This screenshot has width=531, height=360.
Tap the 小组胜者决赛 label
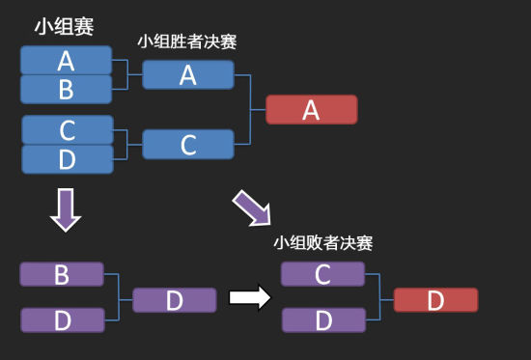[187, 42]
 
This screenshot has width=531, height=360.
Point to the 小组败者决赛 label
[323, 242]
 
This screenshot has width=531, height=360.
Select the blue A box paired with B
[66, 61]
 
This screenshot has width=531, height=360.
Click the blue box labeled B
[66, 89]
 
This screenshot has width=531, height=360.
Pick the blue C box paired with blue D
[67, 129]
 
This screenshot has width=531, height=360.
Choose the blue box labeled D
[67, 158]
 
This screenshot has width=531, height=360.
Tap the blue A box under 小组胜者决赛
[188, 75]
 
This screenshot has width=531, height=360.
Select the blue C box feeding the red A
[188, 145]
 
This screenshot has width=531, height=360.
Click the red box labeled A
[311, 110]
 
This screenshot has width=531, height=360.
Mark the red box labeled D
[435, 300]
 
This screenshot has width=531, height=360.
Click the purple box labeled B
[62, 274]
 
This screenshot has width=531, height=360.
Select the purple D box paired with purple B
[62, 319]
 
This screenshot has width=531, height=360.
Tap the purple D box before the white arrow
[174, 300]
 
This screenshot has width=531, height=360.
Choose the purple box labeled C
[323, 274]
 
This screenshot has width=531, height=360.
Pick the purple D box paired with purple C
[323, 319]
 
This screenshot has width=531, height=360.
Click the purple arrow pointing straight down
[66, 208]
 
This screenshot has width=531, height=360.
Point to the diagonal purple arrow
[253, 209]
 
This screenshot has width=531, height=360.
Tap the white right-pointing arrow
[250, 297]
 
